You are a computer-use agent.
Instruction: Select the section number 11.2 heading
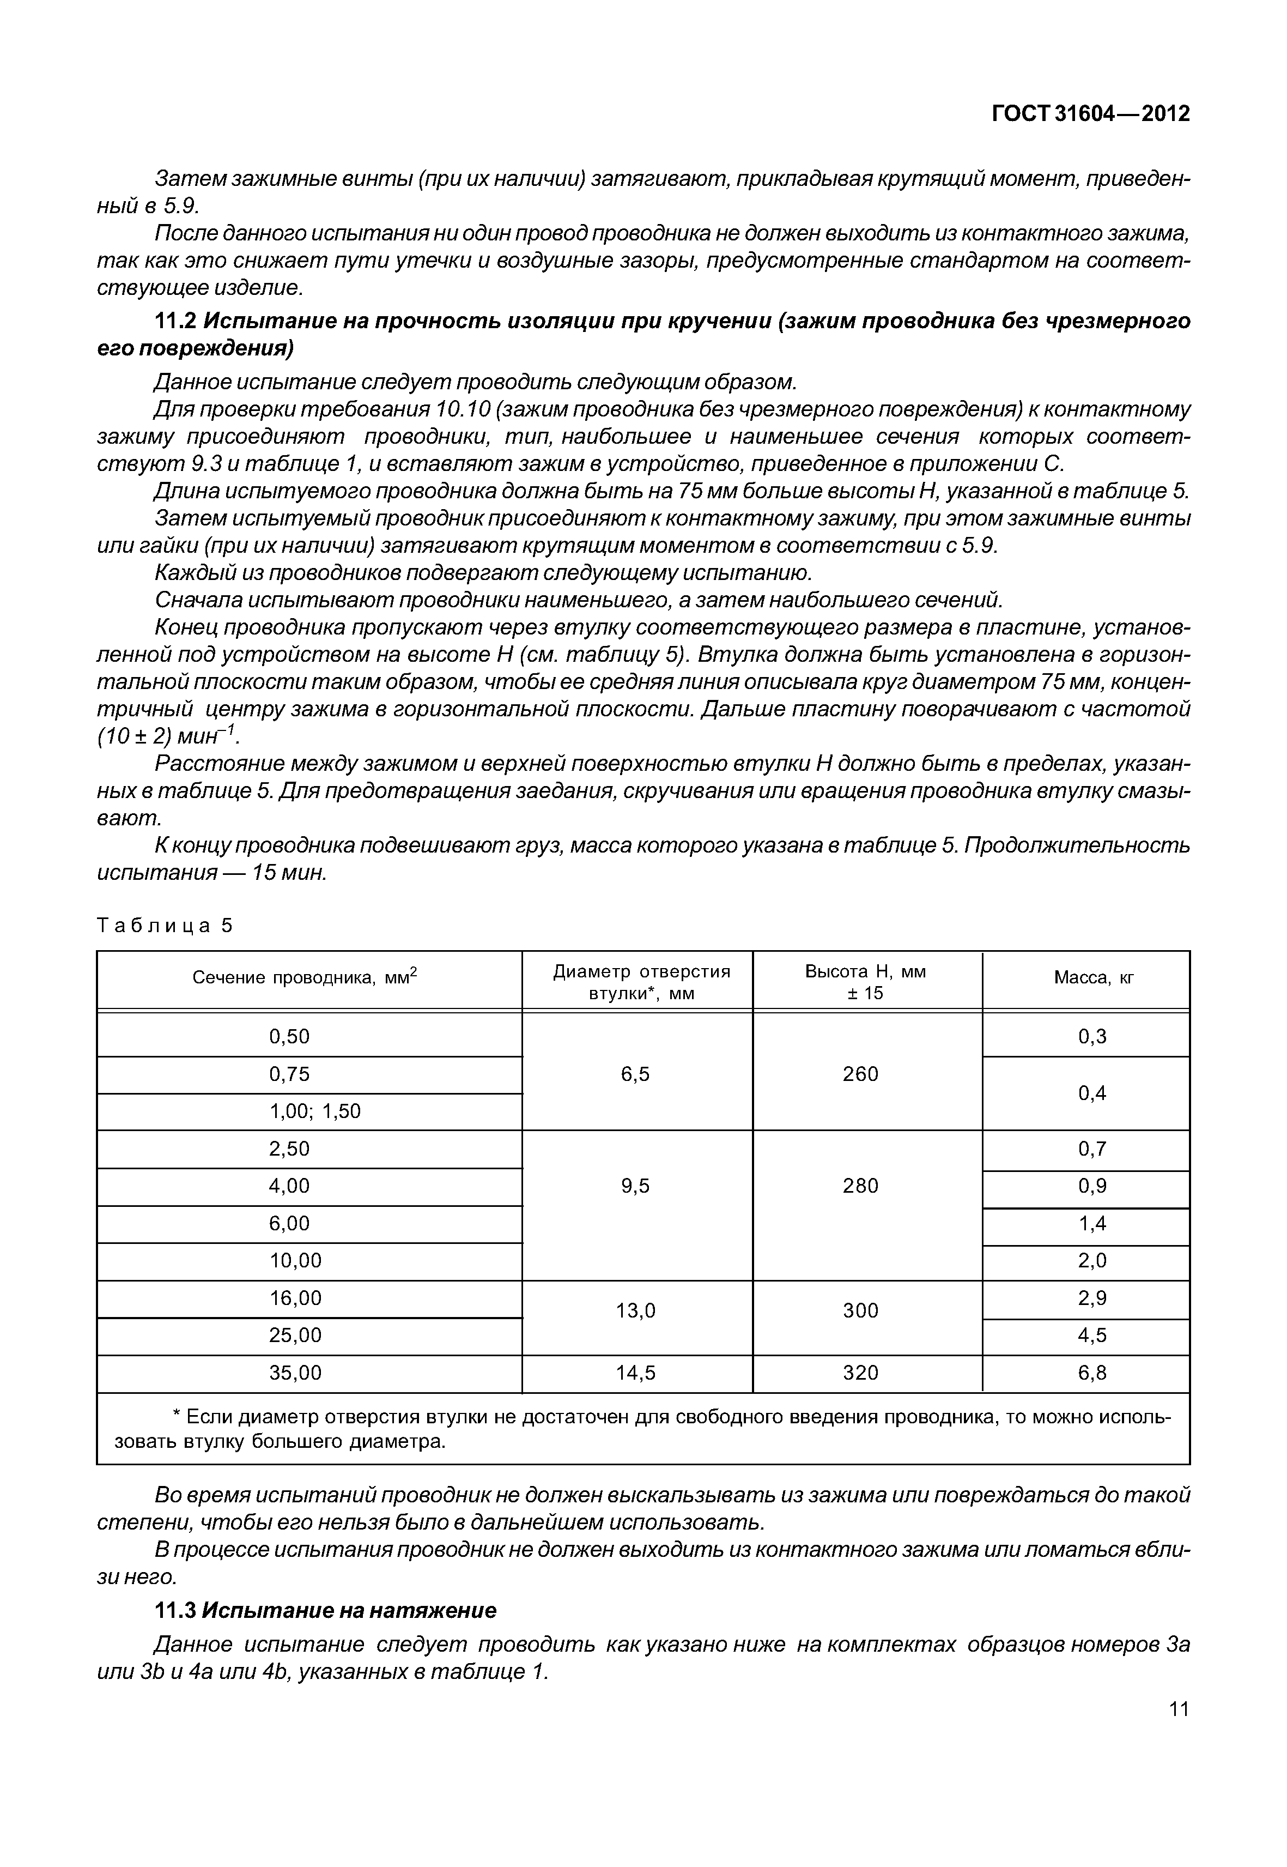175,321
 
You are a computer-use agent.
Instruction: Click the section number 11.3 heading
175,1610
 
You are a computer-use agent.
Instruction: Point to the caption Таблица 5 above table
165,926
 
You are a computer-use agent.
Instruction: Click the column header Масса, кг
1094,978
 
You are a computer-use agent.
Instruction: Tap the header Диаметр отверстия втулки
641,982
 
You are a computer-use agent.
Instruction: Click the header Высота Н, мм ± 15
865,982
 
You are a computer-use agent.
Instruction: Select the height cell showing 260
860,1074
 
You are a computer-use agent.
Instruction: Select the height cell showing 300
860,1310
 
